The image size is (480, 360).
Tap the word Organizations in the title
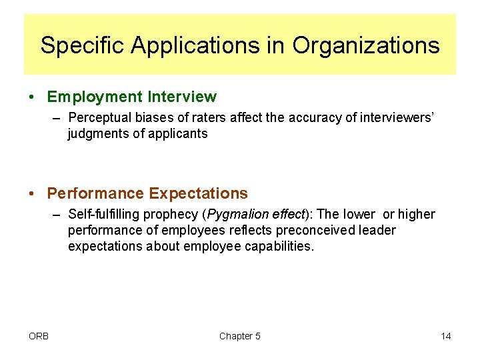[365, 45]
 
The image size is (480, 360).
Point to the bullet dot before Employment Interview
[33, 97]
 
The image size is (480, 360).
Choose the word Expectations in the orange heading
[198, 194]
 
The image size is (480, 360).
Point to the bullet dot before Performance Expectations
[33, 194]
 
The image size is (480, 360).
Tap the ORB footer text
[39, 336]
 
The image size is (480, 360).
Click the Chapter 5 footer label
[240, 336]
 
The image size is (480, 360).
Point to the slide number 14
[446, 336]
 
